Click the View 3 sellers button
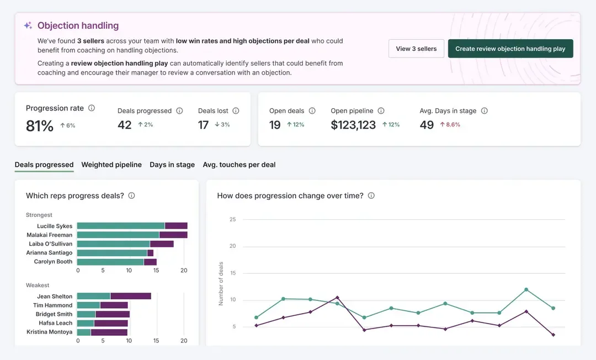pos(416,49)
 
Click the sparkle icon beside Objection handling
pos(28,25)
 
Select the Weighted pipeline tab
pos(111,165)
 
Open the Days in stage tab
pos(172,165)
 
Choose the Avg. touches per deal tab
pos(239,165)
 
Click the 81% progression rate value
pos(40,126)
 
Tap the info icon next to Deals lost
pos(236,111)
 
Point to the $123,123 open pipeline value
pos(353,125)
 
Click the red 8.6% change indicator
pos(450,125)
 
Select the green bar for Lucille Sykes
pos(121,226)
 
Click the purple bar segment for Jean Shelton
pos(131,296)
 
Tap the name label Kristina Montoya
pos(50,332)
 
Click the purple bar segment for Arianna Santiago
pos(150,253)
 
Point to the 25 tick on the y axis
pos(232,219)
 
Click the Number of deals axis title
pos(221,283)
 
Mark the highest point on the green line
pos(526,289)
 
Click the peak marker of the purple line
pos(337,298)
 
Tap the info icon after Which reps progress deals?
pos(131,195)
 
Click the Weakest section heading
pos(38,285)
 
